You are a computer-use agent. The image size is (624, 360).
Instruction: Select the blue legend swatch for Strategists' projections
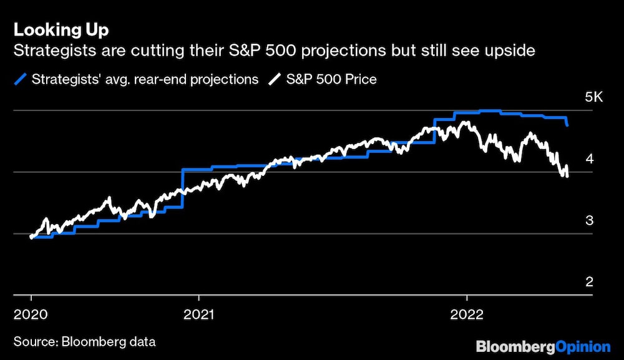click(x=21, y=79)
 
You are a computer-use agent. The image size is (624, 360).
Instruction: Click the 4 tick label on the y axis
click(x=589, y=159)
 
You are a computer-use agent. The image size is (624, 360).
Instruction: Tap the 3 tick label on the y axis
click(x=589, y=221)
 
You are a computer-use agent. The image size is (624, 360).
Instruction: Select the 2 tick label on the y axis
click(x=589, y=282)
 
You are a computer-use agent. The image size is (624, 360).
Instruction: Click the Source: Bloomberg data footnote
click(x=84, y=342)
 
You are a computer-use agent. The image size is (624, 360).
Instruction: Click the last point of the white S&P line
click(x=567, y=175)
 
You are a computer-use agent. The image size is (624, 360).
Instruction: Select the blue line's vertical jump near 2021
click(x=182, y=187)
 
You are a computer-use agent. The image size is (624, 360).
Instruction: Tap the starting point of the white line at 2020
click(x=31, y=236)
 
